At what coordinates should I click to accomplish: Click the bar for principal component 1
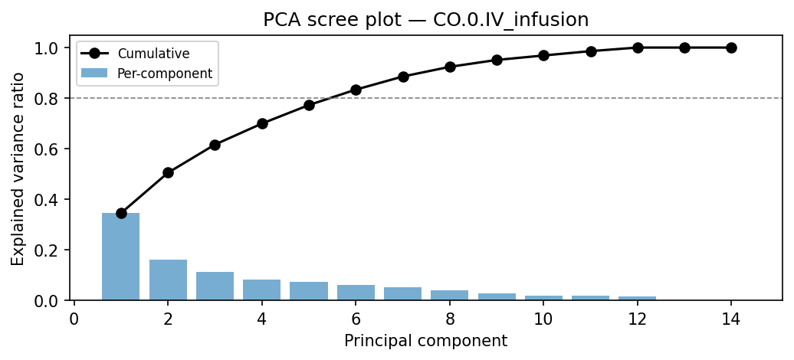pyautogui.click(x=121, y=257)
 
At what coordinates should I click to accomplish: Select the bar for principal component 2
pyautogui.click(x=168, y=280)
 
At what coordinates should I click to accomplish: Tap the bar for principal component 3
pyautogui.click(x=215, y=286)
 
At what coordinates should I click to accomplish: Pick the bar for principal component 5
pyautogui.click(x=309, y=291)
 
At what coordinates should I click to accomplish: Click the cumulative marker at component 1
pyautogui.click(x=121, y=213)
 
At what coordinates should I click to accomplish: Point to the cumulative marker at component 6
pyautogui.click(x=356, y=90)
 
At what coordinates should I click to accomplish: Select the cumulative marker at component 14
pyautogui.click(x=731, y=47)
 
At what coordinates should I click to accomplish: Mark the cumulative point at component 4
pyautogui.click(x=262, y=123)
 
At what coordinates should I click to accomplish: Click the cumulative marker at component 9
pyautogui.click(x=497, y=60)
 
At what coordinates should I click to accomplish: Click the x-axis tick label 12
pyautogui.click(x=637, y=319)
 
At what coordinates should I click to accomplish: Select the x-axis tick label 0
pyautogui.click(x=74, y=319)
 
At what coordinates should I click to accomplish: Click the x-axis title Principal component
pyautogui.click(x=425, y=341)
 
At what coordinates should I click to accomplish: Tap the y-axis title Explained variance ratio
pyautogui.click(x=18, y=169)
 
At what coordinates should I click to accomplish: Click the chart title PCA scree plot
pyautogui.click(x=425, y=20)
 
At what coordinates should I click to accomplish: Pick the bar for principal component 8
pyautogui.click(x=450, y=295)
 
